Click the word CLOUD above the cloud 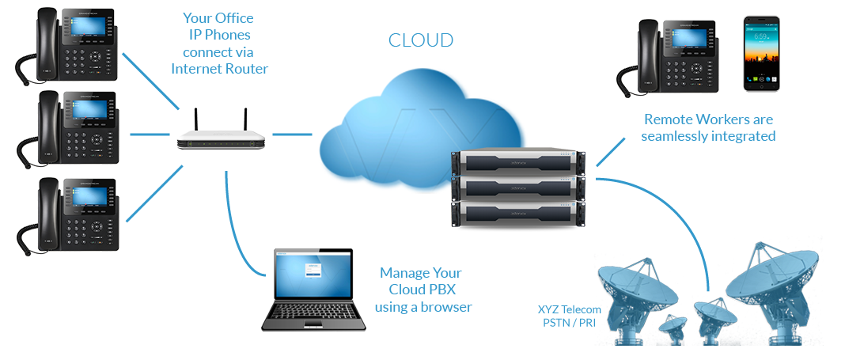tap(421, 40)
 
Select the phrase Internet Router tap(219, 69)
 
